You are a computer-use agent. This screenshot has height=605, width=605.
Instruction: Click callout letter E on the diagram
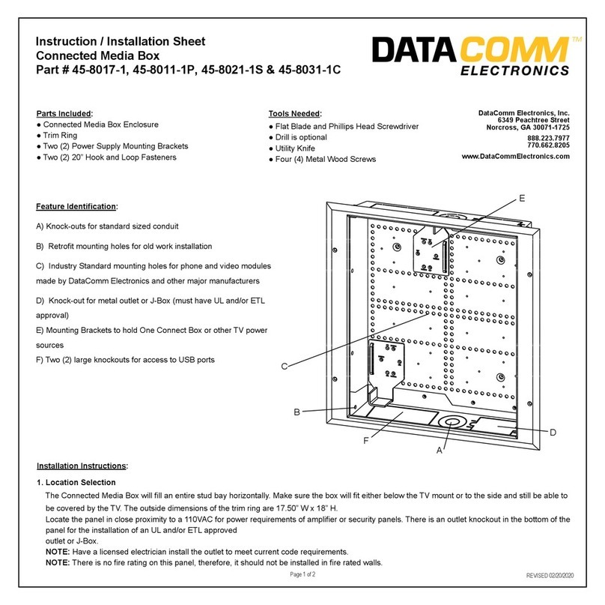521,198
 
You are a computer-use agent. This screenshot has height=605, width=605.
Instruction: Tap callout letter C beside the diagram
285,366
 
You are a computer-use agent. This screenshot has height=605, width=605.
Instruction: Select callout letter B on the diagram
297,412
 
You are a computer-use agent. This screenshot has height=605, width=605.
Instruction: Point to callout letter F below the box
366,441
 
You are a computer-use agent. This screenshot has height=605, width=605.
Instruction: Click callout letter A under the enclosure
442,451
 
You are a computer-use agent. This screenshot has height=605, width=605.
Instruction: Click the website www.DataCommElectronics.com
516,156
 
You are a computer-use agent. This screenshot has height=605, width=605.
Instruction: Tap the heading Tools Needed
295,113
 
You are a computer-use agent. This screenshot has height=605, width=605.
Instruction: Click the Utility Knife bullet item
295,148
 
